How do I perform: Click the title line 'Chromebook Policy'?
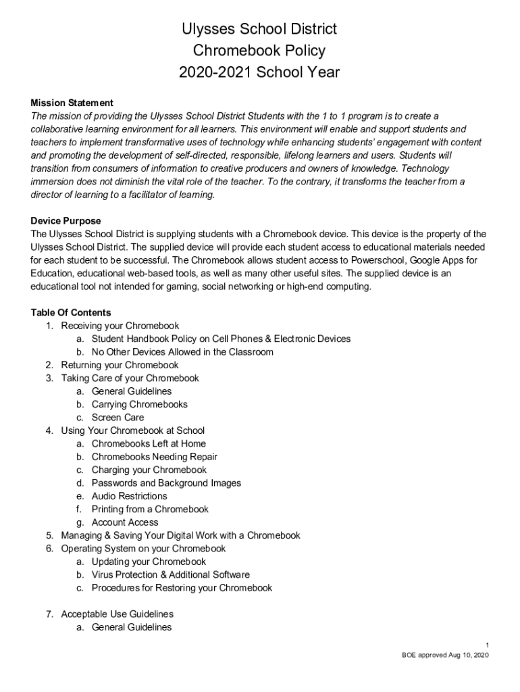coord(259,51)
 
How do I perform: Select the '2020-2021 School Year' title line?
coord(259,72)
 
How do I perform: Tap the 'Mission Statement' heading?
coord(72,103)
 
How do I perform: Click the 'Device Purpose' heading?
coord(66,221)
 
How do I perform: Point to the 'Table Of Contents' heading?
coord(71,313)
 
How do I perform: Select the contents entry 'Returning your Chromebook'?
coord(120,365)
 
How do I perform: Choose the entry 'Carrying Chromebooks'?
coord(139,404)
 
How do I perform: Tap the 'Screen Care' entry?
coord(118,418)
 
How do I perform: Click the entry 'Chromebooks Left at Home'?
coord(149,443)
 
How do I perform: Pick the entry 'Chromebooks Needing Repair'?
coord(154,457)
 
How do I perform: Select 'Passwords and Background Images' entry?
coord(166,483)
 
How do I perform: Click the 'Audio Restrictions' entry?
coord(129,496)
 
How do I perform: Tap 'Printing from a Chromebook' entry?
coord(150,509)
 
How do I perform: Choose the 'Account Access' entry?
coord(125,522)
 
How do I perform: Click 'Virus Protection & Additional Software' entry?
coord(170,574)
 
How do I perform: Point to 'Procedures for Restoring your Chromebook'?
coord(182,588)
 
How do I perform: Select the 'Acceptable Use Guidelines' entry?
coord(117,614)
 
